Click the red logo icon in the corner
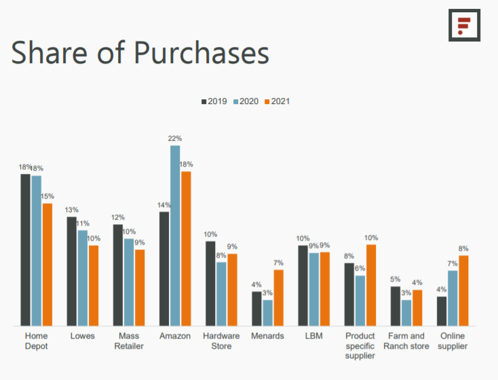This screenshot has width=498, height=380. [464, 26]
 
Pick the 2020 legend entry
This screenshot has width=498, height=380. [246, 101]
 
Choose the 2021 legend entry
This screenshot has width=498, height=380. [277, 101]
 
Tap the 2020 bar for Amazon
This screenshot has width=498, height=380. [175, 235]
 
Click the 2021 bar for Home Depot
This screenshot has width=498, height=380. [47, 264]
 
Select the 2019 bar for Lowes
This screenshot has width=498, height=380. [71, 271]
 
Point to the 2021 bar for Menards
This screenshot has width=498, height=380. [279, 298]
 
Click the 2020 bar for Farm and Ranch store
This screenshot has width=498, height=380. [406, 313]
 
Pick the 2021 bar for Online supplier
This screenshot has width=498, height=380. [463, 290]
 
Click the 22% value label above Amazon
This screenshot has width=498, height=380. [175, 139]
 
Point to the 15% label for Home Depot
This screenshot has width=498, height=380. [47, 196]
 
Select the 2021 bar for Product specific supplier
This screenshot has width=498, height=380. [371, 285]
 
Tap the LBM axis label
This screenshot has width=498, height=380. [313, 336]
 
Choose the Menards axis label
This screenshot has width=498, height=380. [267, 336]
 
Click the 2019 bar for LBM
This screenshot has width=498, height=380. [303, 286]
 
